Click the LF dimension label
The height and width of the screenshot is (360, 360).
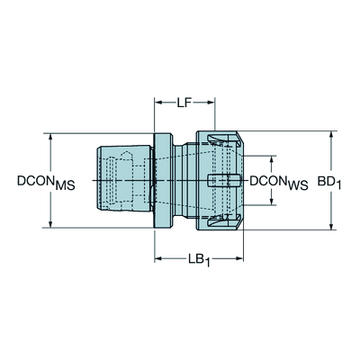(x=184, y=103)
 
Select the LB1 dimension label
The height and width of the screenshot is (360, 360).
(x=198, y=259)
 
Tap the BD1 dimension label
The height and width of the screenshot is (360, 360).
(x=329, y=182)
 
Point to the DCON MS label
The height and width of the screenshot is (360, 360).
(x=46, y=183)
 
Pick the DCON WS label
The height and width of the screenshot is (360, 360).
(x=279, y=183)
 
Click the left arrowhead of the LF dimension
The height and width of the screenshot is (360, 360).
(x=158, y=103)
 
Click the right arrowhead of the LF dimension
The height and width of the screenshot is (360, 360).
(x=211, y=103)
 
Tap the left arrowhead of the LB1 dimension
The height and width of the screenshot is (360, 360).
(x=158, y=258)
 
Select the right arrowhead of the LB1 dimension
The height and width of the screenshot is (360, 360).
(x=239, y=258)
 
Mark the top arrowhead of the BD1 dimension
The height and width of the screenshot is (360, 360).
(x=331, y=135)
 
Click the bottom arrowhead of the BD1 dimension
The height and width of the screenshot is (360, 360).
(x=331, y=226)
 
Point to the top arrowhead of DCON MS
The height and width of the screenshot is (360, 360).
(x=50, y=137)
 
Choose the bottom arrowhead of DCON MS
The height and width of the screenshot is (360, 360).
(x=50, y=224)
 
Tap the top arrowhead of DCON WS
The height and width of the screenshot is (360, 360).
(x=272, y=159)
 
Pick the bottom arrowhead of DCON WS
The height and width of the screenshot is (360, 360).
(x=272, y=202)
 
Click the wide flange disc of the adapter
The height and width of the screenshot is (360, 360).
(x=164, y=181)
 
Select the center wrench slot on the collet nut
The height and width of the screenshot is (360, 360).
(x=224, y=181)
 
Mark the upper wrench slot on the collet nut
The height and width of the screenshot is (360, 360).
(x=223, y=139)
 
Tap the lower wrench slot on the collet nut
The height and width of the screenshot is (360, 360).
(x=223, y=222)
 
